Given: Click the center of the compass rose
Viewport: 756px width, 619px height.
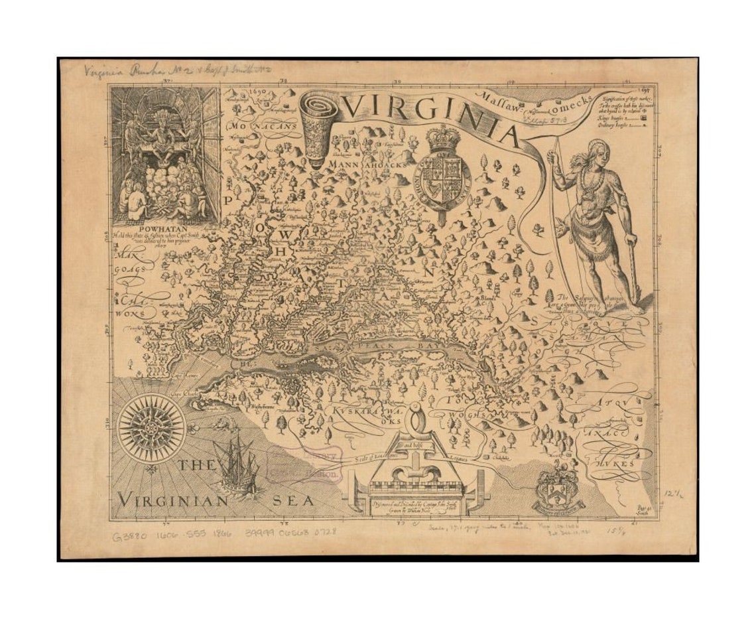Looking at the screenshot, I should tap(151, 428).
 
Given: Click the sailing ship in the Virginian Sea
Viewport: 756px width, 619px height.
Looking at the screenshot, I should tap(237, 466).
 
